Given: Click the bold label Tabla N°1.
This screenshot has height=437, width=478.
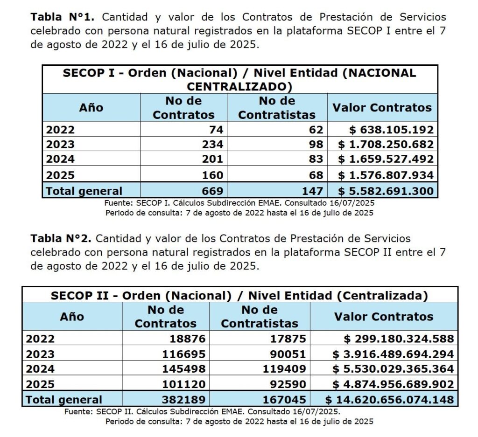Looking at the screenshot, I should pos(63,18).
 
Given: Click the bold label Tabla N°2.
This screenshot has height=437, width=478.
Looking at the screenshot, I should pos(63,239).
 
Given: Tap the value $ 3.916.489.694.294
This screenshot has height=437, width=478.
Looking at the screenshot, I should pos(393,354).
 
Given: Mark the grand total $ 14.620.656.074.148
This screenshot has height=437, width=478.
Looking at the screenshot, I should pos(389,400).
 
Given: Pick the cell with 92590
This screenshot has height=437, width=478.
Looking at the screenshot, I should pos(289,384).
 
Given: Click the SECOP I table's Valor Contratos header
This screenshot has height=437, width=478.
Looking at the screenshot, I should pos(382,108).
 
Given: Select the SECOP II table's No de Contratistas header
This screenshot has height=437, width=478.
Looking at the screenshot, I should pos(260,317).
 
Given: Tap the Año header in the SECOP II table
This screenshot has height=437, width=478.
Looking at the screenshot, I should pos(72,317).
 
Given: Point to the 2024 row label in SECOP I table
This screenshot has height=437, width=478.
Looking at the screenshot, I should pos(60,160).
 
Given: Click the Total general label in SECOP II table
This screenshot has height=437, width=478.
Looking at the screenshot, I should pos(64,400).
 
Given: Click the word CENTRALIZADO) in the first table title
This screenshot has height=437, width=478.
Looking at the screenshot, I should pos(239,87).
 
